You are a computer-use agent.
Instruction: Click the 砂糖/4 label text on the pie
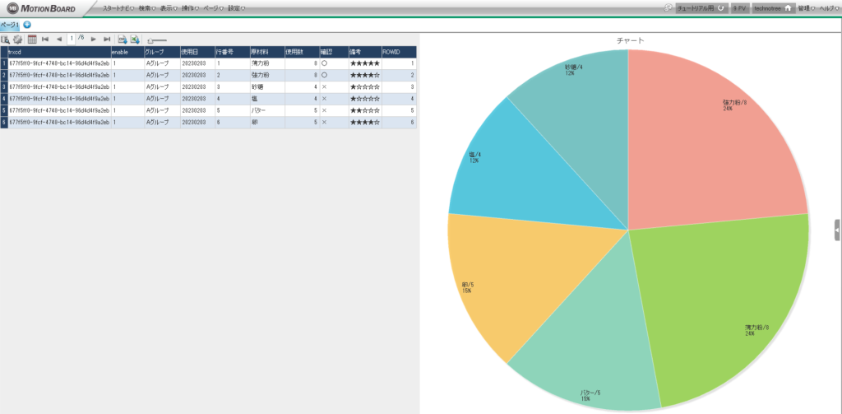coord(574,67)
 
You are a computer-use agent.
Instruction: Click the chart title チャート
coord(629,40)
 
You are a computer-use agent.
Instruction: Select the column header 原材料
coord(260,52)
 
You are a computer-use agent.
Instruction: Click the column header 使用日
coord(190,52)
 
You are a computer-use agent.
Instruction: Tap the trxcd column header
coord(16,52)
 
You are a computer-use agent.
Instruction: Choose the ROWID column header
coord(391,52)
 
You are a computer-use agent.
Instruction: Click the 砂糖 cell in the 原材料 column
coord(257,86)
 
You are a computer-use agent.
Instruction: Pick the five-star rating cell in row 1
coord(364,63)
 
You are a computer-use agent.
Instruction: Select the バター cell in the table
coord(259,109)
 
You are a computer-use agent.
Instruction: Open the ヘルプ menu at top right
coord(828,8)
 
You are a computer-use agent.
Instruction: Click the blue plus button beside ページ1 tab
coord(27,25)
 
